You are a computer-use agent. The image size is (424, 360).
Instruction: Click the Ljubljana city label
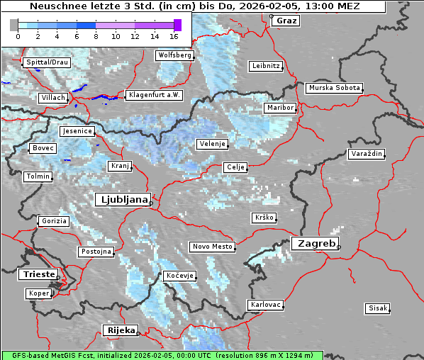coord(122,199)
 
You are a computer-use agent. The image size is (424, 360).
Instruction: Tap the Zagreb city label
coord(314,243)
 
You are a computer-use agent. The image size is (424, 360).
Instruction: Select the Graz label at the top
coord(286,21)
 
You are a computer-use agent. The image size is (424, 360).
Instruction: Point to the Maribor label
coord(279,108)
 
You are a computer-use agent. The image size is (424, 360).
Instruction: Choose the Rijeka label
coord(121,330)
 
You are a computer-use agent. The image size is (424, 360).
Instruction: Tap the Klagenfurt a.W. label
coord(154,95)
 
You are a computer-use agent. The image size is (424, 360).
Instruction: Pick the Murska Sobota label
coord(334,89)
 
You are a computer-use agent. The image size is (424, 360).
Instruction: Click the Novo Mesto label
coord(211,247)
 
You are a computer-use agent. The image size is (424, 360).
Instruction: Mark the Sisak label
coord(377,308)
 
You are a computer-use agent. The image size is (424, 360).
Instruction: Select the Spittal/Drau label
coord(46,62)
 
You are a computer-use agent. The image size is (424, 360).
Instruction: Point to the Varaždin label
coord(367,154)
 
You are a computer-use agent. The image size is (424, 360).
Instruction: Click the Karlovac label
coord(266,305)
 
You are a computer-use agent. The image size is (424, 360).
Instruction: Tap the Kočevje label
coord(179,276)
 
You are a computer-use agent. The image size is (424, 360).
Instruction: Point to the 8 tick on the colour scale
coord(96,35)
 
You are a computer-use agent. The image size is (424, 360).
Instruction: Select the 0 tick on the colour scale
coord(18,35)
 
